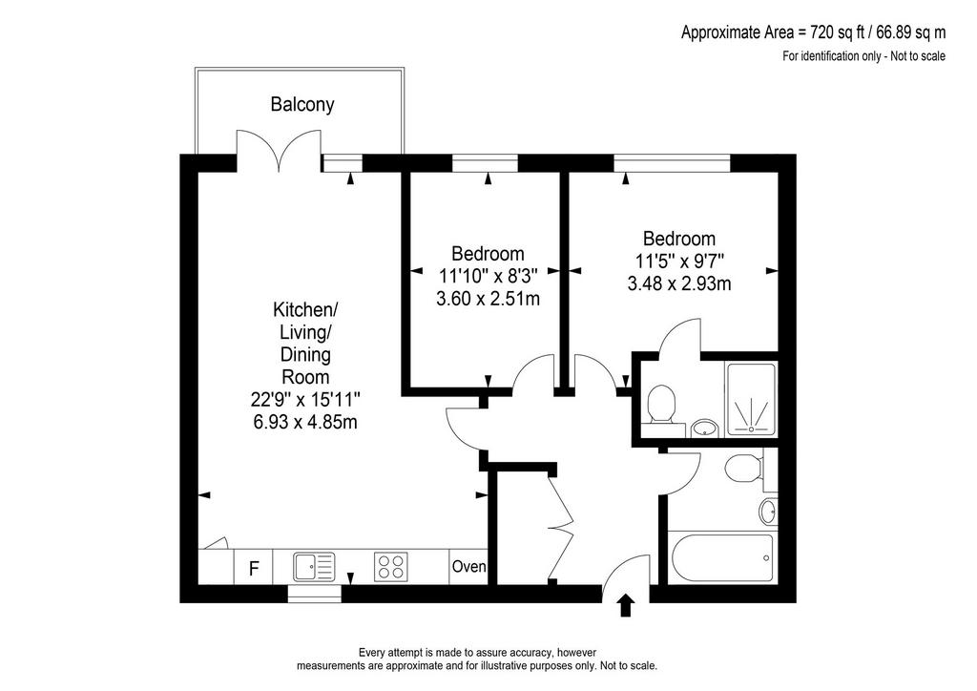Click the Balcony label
(302, 104)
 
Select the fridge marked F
(254, 568)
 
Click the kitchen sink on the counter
(314, 566)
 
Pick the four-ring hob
(391, 567)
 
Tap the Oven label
(468, 567)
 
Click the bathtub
(721, 558)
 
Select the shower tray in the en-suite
(750, 399)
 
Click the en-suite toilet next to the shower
(661, 405)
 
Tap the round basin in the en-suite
(705, 428)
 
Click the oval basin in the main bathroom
(768, 513)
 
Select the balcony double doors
(279, 150)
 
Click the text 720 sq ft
(830, 31)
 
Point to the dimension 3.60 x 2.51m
(488, 299)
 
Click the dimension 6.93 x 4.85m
(305, 422)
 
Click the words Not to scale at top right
(918, 56)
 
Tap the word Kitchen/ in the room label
(305, 309)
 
